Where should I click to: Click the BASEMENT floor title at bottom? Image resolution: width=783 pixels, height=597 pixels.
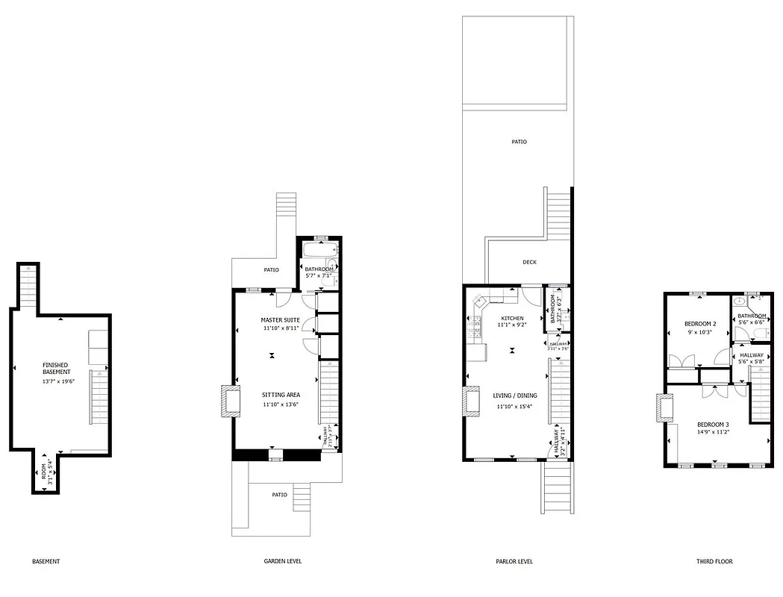click(46, 561)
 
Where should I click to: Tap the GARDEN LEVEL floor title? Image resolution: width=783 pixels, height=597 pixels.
click(283, 561)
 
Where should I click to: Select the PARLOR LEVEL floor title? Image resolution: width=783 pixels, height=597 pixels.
click(514, 561)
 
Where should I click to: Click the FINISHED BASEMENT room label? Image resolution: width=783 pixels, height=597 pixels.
click(57, 368)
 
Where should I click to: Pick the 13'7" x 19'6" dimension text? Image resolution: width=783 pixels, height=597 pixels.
click(57, 381)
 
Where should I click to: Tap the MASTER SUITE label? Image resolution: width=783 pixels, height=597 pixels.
click(280, 319)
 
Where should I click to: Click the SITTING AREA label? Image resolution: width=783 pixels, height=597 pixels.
click(281, 395)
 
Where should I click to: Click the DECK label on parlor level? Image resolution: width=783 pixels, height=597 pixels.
click(529, 262)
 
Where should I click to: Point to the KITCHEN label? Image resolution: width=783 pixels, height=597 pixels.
click(512, 319)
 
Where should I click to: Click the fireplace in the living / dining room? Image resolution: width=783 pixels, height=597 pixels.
click(472, 401)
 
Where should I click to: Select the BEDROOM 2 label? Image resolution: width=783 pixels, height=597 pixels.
click(700, 323)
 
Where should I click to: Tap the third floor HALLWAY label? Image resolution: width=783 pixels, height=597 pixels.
click(752, 355)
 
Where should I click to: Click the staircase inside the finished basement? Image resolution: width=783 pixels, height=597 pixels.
click(99, 396)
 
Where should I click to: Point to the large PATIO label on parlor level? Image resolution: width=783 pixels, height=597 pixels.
click(519, 141)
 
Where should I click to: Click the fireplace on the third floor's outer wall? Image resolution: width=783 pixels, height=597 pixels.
click(663, 408)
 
